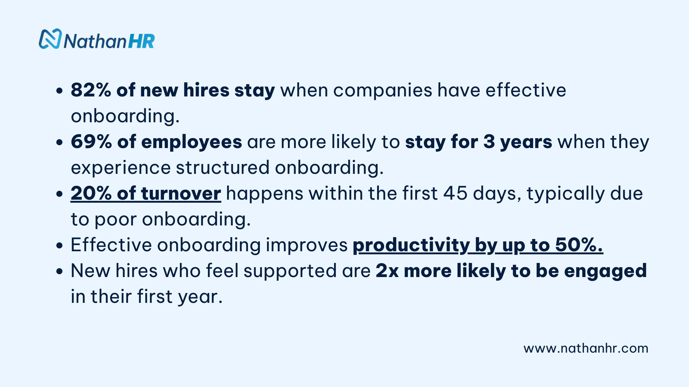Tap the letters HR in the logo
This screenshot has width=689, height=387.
point(141,41)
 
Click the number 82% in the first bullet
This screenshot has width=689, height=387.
point(91,90)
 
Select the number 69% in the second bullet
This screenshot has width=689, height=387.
point(91,142)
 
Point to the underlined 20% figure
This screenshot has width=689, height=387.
point(91,193)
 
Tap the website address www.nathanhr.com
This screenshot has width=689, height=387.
point(586,348)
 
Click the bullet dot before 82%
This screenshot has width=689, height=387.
point(60,91)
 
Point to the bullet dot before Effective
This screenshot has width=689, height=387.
point(60,245)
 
